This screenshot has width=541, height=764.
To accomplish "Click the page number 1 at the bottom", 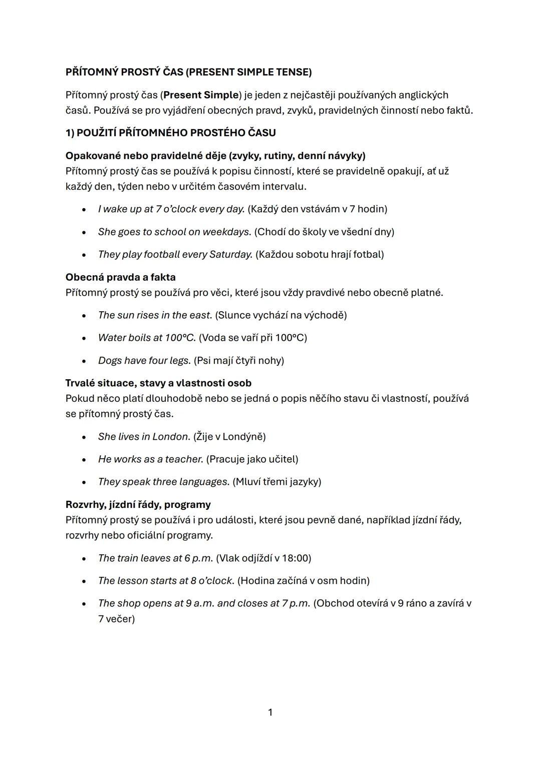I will [270, 712].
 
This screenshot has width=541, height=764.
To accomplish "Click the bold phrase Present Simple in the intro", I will [201, 95].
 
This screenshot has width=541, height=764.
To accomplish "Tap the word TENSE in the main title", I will [293, 72].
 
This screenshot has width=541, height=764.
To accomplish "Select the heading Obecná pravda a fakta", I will [120, 277].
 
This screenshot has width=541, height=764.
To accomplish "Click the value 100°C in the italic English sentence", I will [180, 338].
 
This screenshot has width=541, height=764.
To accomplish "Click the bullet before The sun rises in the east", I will [84, 316].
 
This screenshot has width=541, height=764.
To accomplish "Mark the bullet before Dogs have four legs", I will [84, 361].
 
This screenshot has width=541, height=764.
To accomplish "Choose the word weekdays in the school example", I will [226, 232].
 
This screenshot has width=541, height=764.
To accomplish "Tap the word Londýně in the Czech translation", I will [243, 437].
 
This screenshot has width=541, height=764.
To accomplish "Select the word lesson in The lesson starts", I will [132, 581].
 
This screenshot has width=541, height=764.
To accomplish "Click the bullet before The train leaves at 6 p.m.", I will [84, 559].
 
